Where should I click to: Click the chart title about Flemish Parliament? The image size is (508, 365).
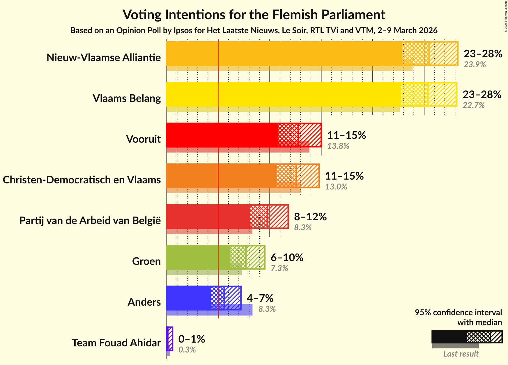[254, 15]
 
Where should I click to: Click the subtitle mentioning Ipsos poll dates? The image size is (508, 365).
[254, 31]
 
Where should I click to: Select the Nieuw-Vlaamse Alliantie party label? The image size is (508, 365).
[104, 58]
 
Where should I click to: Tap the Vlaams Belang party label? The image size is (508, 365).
[127, 98]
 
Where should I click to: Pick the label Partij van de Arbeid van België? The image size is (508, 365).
[90, 221]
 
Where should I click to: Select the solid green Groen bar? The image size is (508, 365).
[198, 257]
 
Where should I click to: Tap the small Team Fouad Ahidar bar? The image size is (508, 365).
[169, 339]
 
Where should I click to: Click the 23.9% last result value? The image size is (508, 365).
[475, 65]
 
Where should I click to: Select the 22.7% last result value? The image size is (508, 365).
[474, 105]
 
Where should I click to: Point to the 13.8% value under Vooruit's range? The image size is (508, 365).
[338, 146]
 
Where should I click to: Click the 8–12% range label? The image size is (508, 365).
[310, 217]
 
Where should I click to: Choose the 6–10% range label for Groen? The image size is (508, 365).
[287, 258]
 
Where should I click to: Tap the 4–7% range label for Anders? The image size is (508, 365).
[260, 298]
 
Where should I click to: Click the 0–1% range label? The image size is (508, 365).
[192, 339]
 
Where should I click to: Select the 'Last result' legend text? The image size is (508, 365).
[461, 354]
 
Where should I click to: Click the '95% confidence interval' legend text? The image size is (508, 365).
[458, 313]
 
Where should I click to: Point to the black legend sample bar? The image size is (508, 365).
[449, 337]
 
